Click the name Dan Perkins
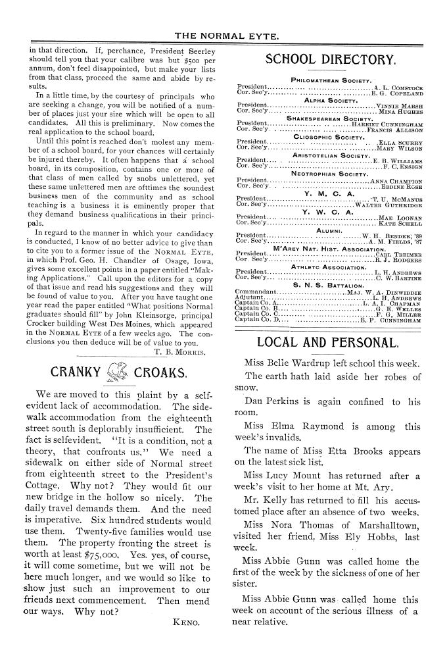(269, 401)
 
